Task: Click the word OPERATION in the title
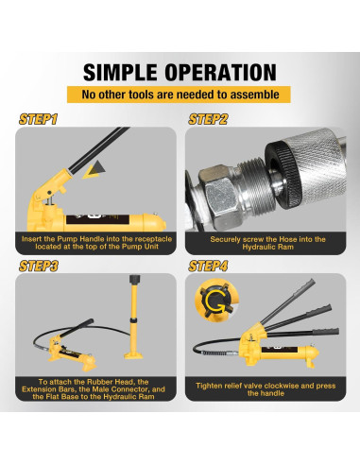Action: (x=221, y=73)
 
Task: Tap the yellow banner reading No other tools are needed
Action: (x=179, y=95)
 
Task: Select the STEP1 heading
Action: (x=39, y=119)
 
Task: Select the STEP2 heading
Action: (x=208, y=119)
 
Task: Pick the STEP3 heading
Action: (x=39, y=266)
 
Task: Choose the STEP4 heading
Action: (x=208, y=266)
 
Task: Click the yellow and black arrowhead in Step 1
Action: (x=94, y=169)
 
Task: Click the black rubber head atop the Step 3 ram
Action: (x=135, y=280)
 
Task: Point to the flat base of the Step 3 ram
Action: (x=133, y=355)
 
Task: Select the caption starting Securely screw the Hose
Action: (x=267, y=243)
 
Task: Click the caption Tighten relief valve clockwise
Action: (x=266, y=389)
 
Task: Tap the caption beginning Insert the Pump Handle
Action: (x=96, y=243)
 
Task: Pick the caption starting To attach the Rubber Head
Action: (x=94, y=389)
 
